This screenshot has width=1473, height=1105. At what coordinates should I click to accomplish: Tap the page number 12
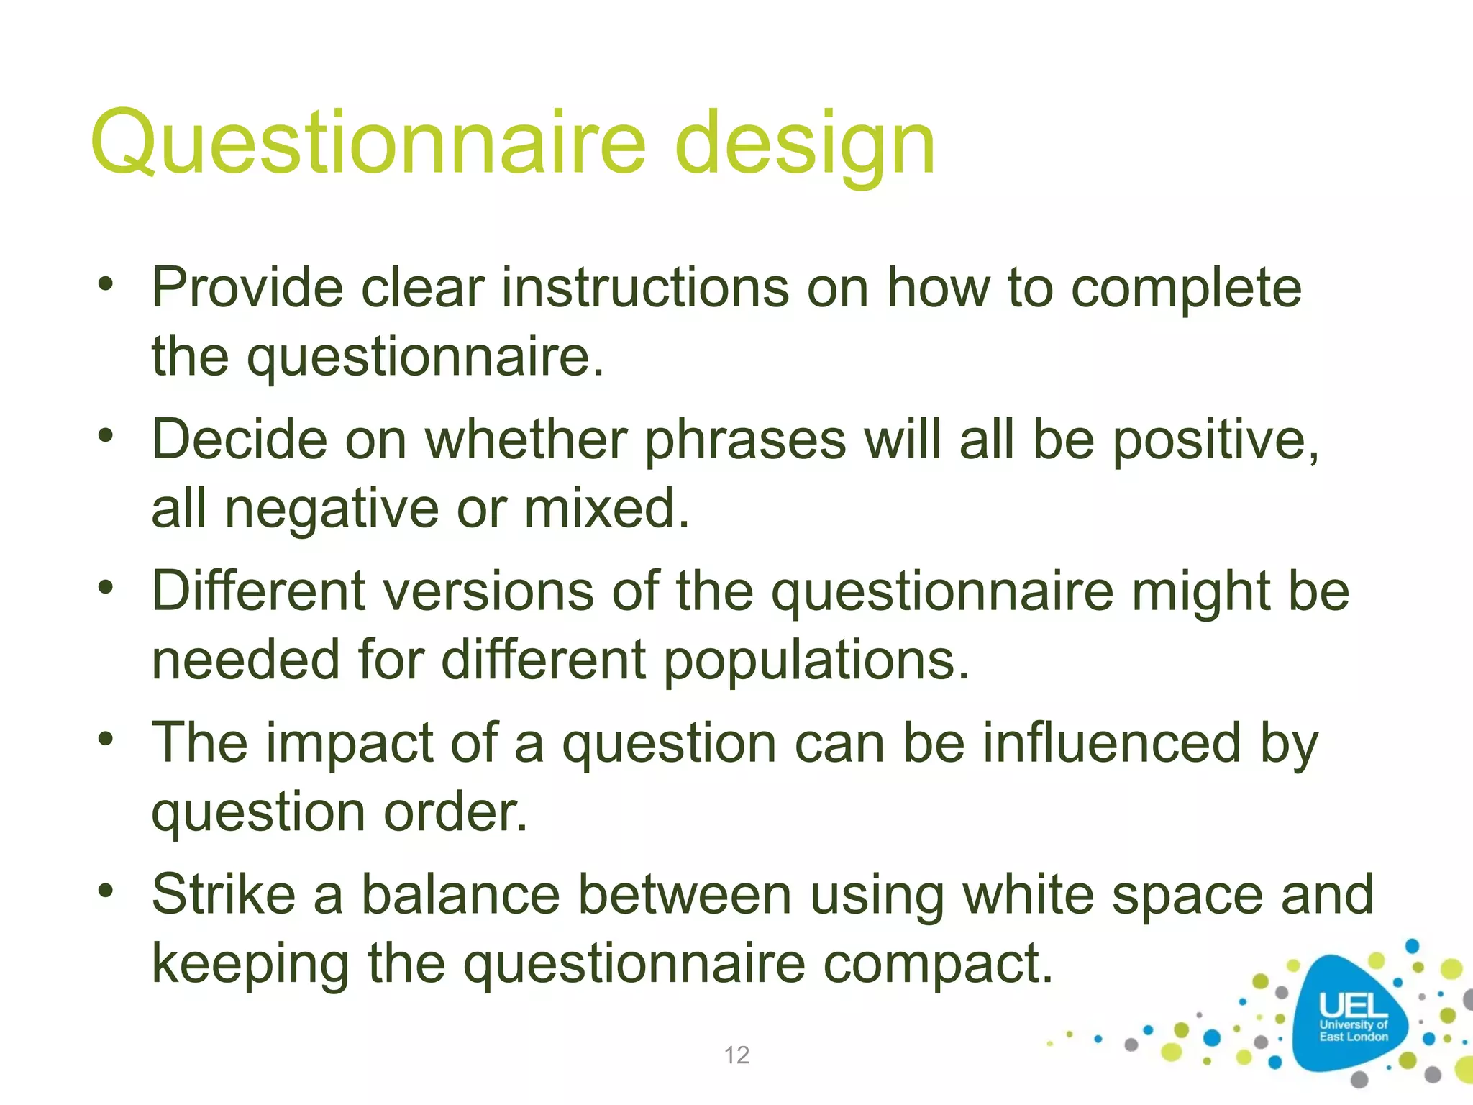click(x=736, y=1055)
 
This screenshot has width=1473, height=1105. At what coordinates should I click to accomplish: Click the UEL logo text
click(x=1352, y=1006)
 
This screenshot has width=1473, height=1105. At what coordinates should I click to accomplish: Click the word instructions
click(x=644, y=288)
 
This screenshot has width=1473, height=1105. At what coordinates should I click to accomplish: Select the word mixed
click(x=606, y=508)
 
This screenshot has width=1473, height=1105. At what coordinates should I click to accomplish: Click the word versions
click(x=487, y=591)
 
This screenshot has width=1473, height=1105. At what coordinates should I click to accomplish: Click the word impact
click(x=350, y=744)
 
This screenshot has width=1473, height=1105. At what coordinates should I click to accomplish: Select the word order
click(x=455, y=813)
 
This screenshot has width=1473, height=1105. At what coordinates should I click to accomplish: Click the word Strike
click(x=224, y=894)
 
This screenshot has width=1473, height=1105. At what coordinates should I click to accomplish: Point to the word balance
click(x=460, y=894)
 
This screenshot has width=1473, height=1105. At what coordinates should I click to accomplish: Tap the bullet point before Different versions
click(x=106, y=588)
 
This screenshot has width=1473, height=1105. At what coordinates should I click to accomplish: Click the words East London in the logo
click(x=1353, y=1037)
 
